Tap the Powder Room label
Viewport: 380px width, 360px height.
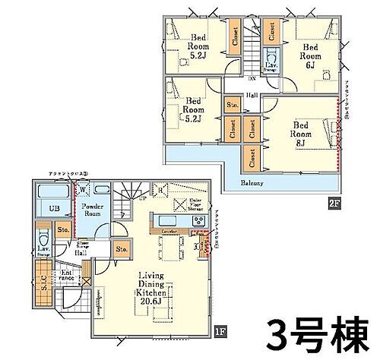click(94, 210)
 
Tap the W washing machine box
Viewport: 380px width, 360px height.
click(83, 191)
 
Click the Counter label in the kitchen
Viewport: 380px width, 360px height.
click(169, 229)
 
